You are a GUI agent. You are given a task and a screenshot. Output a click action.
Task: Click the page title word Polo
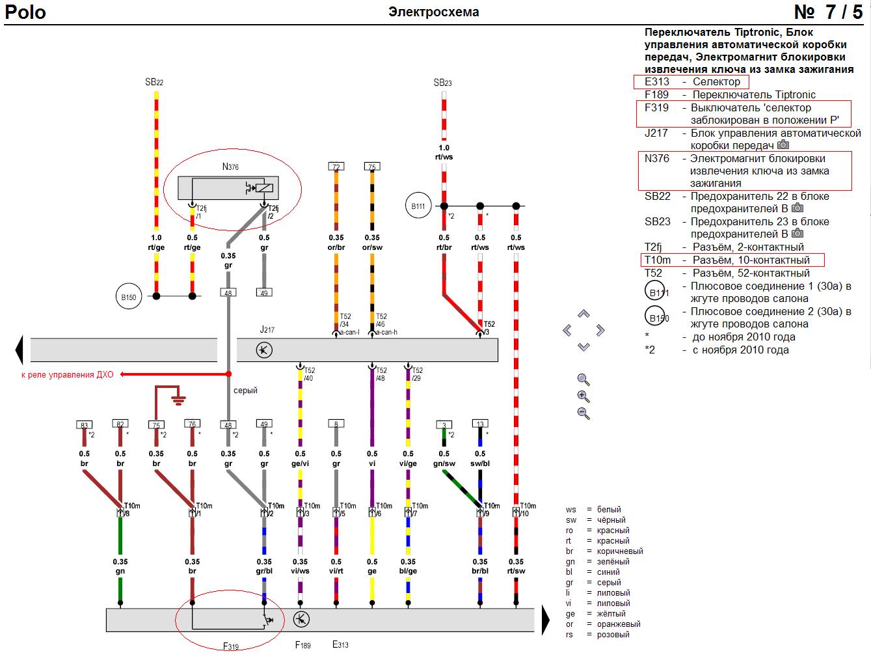click(x=25, y=12)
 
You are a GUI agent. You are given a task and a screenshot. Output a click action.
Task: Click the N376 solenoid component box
click(x=228, y=188)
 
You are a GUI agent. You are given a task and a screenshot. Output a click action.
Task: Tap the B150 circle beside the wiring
click(x=129, y=297)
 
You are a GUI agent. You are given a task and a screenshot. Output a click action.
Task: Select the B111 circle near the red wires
click(x=418, y=206)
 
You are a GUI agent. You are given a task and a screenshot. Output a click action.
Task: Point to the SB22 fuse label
click(x=154, y=82)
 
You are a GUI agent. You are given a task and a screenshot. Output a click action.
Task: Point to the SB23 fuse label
click(x=442, y=83)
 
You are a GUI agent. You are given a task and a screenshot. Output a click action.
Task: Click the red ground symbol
click(x=179, y=400)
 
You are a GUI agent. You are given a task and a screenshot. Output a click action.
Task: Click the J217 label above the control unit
click(x=267, y=329)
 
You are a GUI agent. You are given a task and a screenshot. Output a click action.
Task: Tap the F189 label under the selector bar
click(x=302, y=645)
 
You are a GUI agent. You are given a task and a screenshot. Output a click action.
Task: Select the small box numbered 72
click(x=336, y=167)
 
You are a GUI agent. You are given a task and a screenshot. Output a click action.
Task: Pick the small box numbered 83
click(x=84, y=424)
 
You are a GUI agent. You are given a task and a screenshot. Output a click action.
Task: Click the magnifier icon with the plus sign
click(x=583, y=396)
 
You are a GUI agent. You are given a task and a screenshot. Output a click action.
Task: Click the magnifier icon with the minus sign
click(x=583, y=413)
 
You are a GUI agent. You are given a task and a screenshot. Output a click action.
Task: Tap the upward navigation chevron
click(x=583, y=314)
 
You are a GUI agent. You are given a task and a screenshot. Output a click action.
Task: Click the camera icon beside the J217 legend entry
click(x=783, y=145)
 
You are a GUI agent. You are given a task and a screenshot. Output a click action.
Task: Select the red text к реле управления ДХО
click(x=68, y=374)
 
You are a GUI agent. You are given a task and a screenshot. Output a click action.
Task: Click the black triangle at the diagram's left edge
click(x=19, y=350)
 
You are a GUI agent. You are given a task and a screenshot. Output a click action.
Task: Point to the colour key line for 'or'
click(x=603, y=624)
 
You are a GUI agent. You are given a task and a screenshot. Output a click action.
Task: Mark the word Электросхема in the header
click(x=434, y=12)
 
